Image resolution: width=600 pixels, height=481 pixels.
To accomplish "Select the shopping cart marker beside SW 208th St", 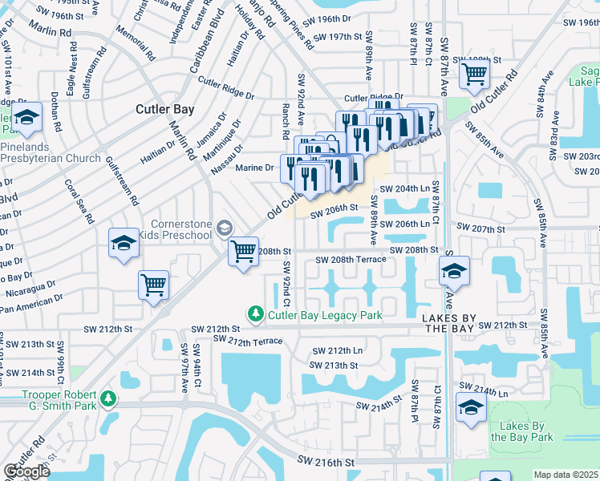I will [x=243, y=252].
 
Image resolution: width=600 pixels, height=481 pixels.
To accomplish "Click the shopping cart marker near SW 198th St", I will [x=475, y=74].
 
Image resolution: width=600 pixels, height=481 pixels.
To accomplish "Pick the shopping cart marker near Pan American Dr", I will [x=153, y=285].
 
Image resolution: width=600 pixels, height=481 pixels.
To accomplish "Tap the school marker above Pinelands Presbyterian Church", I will [x=27, y=119].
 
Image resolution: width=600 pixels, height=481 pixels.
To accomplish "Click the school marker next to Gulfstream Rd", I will [x=124, y=244].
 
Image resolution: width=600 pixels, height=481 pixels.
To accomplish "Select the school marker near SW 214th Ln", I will [x=471, y=408].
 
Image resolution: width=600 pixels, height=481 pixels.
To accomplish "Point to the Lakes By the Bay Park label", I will [x=521, y=431].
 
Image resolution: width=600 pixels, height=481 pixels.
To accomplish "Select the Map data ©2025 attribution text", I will [x=566, y=475].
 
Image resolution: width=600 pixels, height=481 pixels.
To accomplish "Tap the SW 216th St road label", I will [x=326, y=462].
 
